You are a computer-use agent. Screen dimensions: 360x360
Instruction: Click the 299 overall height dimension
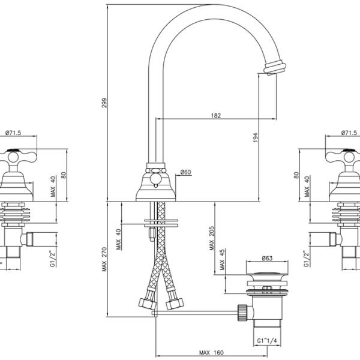104,103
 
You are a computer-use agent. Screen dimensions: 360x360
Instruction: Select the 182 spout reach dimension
216,115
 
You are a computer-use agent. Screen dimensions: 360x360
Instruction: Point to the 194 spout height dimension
256,137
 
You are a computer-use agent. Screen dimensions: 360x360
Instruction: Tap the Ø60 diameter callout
185,172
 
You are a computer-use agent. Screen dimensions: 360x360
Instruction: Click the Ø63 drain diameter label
267,258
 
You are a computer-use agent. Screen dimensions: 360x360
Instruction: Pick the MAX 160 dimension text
211,352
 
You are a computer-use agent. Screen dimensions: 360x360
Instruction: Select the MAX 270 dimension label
104,259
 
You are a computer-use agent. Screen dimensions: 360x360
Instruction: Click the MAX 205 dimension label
211,238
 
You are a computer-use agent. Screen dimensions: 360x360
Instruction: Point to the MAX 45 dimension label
222,260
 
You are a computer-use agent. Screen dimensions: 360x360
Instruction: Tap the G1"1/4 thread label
267,341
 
